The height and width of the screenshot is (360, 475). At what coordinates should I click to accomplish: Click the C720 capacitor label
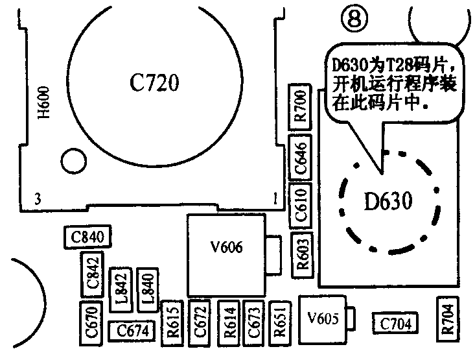(154, 82)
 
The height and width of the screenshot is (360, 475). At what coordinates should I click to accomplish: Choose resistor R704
(448, 319)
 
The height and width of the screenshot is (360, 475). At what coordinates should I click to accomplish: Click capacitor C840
(88, 237)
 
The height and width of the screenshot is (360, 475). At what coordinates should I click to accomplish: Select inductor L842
(122, 287)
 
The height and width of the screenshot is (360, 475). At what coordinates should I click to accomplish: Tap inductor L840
(147, 287)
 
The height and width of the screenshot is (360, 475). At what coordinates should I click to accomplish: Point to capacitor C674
(132, 331)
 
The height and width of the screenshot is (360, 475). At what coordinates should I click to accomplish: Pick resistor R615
(172, 321)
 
